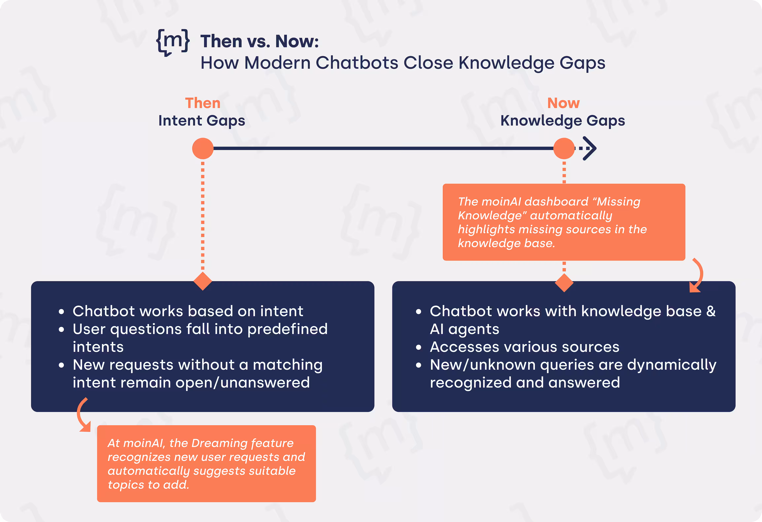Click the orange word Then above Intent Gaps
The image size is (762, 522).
tap(203, 103)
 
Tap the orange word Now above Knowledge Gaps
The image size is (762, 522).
tap(563, 103)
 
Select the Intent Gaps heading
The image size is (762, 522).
tap(202, 121)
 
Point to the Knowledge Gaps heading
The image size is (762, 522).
tap(563, 121)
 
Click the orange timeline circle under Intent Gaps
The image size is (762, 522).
tap(203, 148)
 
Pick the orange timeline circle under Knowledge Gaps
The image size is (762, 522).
tap(564, 148)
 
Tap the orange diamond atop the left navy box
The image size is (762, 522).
tap(203, 281)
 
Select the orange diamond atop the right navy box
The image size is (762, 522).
tap(564, 283)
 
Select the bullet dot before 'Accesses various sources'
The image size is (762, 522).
tap(418, 347)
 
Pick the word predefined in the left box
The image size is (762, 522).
tap(288, 329)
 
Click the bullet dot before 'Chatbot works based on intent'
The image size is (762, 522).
tap(61, 312)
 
